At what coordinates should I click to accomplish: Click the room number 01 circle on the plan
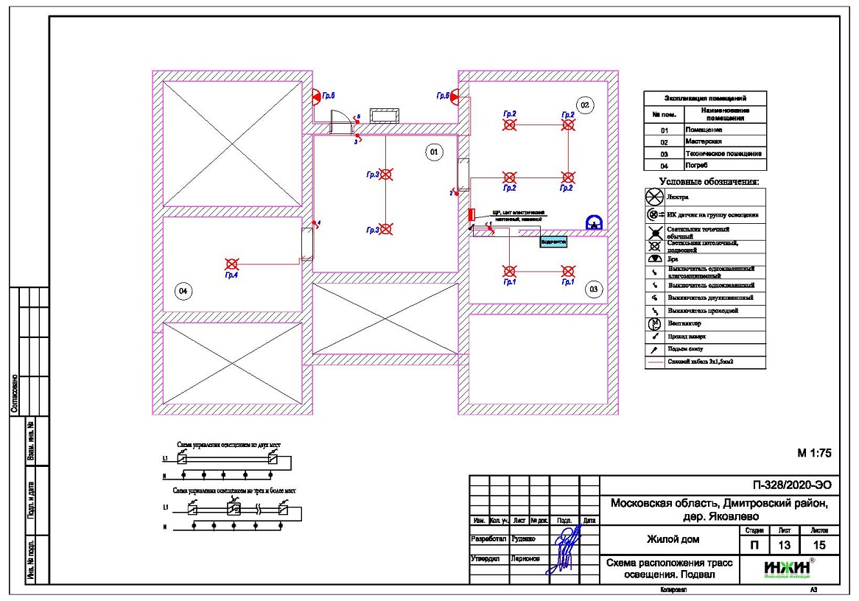[x=433, y=152]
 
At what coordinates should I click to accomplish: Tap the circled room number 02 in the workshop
[x=585, y=105]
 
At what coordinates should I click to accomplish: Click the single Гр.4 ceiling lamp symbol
[x=231, y=264]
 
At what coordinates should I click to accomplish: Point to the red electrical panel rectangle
[x=470, y=215]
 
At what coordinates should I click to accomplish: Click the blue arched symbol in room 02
[x=593, y=222]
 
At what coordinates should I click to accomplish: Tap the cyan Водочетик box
[x=553, y=241]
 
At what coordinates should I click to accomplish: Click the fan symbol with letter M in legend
[x=653, y=323]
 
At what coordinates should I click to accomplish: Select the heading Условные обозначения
[x=708, y=181]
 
